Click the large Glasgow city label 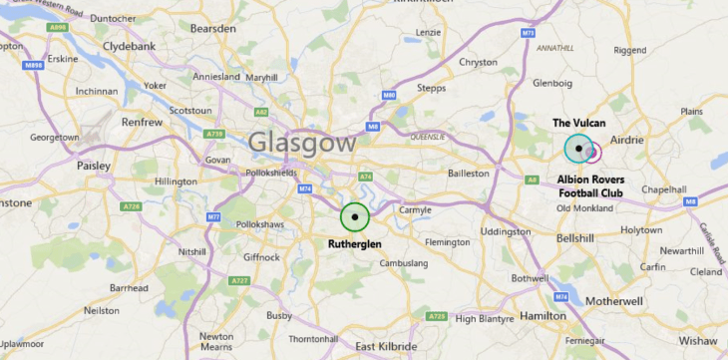(301, 143)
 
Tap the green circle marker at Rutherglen (355, 216)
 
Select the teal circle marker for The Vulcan (578, 149)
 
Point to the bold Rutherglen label (355, 243)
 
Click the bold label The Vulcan (578, 123)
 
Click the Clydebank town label (127, 46)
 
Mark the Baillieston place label (469, 173)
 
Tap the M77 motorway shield (213, 216)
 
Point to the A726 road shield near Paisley (131, 206)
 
